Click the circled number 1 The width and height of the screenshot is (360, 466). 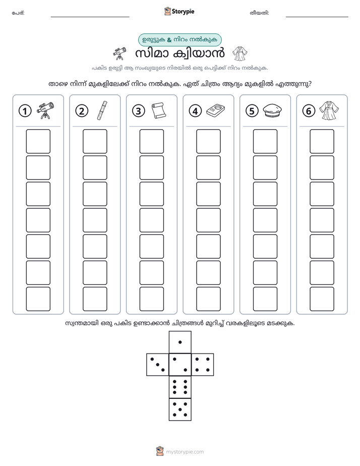25,111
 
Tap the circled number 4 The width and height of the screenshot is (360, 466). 195,111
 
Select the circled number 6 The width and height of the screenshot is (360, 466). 309,111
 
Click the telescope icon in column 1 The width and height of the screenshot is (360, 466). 45,110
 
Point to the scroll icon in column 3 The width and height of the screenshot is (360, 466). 159,110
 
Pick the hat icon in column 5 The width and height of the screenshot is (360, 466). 272,110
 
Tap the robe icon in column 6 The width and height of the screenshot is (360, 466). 329,110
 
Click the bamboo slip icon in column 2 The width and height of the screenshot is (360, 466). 102,110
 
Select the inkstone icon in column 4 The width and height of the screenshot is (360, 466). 215,110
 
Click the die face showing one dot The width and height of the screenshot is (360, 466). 180,342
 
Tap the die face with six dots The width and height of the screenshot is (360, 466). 180,387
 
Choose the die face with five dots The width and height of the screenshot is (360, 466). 180,409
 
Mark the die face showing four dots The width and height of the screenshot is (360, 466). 202,365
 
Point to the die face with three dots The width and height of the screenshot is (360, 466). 158,365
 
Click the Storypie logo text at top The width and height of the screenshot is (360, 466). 183,12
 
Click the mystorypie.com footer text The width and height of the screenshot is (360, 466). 185,452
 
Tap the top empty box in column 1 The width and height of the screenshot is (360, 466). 38,141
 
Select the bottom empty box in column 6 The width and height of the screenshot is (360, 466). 322,299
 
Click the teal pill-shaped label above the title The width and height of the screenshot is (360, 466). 179,40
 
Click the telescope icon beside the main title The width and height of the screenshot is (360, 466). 119,53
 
